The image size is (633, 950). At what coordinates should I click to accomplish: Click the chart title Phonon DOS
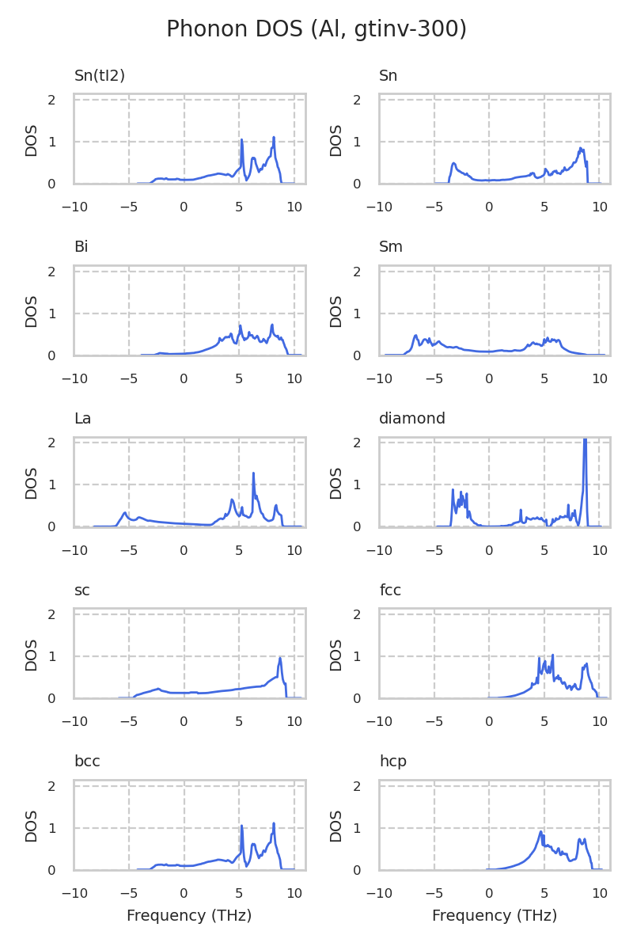(x=316, y=29)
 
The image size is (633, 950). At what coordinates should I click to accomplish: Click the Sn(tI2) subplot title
(x=100, y=76)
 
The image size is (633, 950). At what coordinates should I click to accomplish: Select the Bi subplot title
(x=81, y=247)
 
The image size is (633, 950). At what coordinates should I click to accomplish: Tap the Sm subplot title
(x=391, y=247)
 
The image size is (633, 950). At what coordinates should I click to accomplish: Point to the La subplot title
(x=82, y=419)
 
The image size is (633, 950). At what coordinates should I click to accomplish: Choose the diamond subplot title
(x=412, y=419)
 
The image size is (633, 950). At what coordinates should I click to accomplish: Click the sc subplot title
(x=81, y=591)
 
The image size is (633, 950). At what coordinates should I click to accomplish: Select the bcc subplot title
(x=87, y=762)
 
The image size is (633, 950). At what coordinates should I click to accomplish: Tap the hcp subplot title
(x=393, y=762)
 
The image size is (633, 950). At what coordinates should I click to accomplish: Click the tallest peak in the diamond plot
(x=585, y=440)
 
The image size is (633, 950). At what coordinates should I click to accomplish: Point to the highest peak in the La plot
(x=253, y=473)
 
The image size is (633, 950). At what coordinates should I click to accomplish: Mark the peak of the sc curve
(x=280, y=658)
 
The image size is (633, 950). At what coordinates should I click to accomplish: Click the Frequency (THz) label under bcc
(x=189, y=916)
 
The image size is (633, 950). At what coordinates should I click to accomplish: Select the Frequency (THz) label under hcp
(x=495, y=916)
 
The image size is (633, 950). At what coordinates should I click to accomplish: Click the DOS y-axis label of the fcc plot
(x=336, y=655)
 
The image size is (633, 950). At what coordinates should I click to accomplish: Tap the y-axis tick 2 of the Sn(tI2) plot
(x=51, y=100)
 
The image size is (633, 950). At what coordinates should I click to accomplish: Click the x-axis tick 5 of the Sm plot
(x=544, y=379)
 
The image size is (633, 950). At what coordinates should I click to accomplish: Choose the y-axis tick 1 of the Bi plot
(x=51, y=313)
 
